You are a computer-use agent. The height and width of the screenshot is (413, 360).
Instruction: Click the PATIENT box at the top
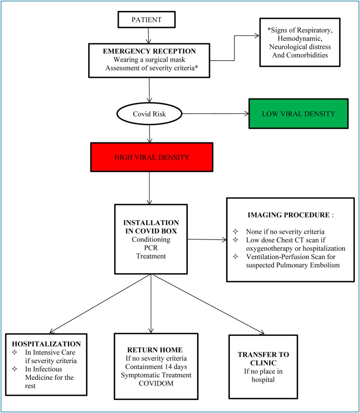click(x=148, y=20)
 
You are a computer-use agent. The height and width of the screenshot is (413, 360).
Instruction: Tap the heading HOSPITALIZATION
click(x=46, y=344)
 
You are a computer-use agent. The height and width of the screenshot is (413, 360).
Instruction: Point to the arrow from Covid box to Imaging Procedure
click(x=207, y=240)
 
